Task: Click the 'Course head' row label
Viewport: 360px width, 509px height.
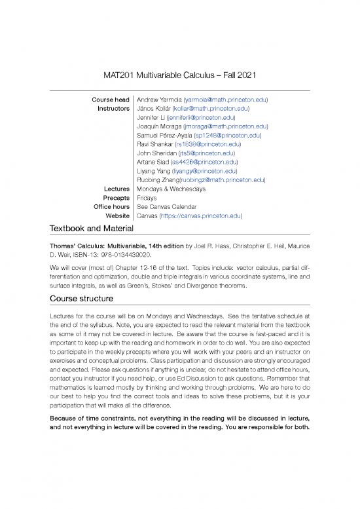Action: click(x=109, y=100)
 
